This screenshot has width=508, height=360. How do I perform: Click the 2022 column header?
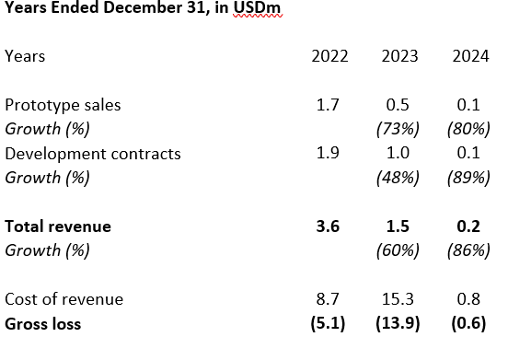pos(330,56)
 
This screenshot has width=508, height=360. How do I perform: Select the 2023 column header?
pos(399,56)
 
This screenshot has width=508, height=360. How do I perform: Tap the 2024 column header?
pos(470,56)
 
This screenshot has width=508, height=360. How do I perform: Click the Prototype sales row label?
pos(63,104)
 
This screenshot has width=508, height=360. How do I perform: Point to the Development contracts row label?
pos(93,153)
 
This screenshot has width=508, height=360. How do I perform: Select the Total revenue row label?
pos(58,226)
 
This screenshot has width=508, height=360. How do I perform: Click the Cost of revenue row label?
pos(63,298)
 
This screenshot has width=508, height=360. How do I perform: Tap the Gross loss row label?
pos(44,323)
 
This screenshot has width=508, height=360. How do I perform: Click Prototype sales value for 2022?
pos(328,104)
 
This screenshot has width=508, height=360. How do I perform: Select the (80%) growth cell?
pos(468,129)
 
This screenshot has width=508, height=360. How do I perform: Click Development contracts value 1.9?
pos(328,153)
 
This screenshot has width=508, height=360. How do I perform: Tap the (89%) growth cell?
pos(468,178)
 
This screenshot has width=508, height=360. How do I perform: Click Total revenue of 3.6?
pos(328,226)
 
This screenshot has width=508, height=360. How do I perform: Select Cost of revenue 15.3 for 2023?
pos(399,298)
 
